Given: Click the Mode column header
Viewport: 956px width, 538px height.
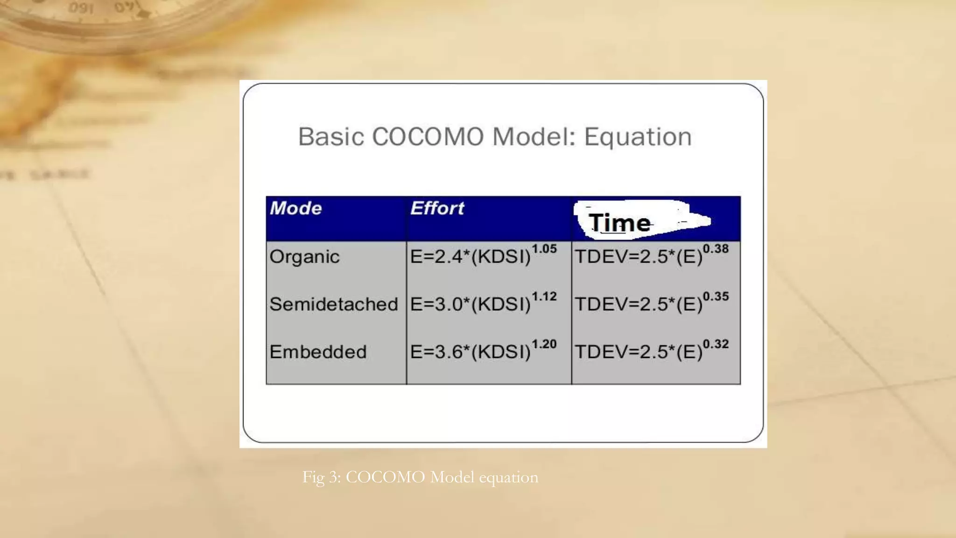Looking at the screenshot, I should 296,208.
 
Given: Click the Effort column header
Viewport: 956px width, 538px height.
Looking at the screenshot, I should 437,208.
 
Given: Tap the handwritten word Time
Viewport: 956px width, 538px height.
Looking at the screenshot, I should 619,223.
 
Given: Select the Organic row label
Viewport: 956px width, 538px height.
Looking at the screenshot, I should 304,257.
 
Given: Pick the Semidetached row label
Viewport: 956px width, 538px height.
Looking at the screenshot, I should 334,304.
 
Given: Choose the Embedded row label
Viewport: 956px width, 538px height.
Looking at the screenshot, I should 318,352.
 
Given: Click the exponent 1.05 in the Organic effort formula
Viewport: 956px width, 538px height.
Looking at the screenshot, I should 544,249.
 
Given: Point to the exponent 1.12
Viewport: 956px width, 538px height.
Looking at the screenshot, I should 544,297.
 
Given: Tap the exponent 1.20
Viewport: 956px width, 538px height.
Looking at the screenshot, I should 544,344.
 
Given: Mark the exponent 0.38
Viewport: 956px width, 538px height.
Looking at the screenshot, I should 716,249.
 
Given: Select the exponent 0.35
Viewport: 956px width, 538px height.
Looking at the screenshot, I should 716,297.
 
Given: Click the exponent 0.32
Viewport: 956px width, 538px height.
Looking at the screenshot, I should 716,344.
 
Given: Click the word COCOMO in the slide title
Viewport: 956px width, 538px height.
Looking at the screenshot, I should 428,137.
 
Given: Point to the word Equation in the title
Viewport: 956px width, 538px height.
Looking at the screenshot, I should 638,137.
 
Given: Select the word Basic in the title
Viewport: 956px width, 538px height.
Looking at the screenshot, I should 331,137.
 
